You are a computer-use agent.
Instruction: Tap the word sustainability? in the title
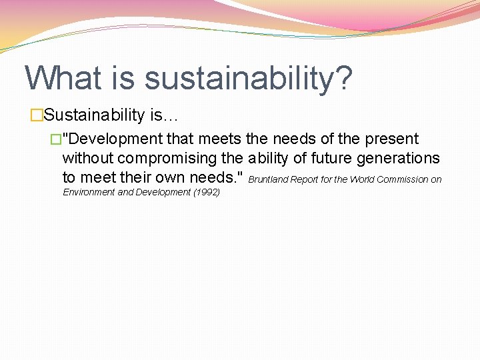point(248,79)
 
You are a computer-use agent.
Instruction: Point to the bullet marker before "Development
point(55,139)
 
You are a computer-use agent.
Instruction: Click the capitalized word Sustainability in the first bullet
point(94,115)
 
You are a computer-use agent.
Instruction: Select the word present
point(391,139)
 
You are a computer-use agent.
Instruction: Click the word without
point(89,158)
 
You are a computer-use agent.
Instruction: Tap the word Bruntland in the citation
point(268,179)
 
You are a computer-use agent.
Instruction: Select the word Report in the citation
point(305,179)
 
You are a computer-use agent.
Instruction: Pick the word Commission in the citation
point(403,179)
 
